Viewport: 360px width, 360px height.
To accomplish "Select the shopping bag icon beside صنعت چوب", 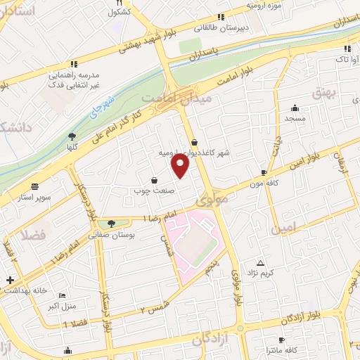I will point(155,180).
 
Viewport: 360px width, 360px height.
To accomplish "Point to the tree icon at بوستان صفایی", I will point(112,224).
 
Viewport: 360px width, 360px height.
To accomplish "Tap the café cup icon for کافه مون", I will point(264,172).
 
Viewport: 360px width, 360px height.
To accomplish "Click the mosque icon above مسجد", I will point(294,108).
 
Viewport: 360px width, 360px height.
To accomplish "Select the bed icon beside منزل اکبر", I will point(62,296).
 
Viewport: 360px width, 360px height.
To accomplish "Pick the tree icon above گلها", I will point(72,136).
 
